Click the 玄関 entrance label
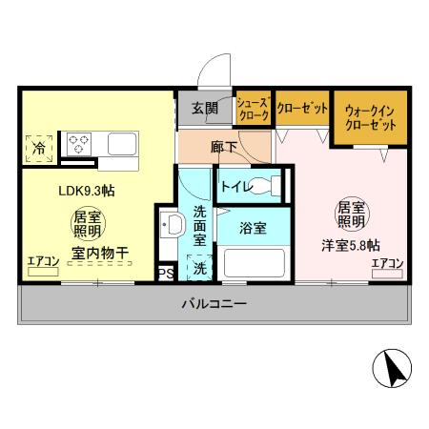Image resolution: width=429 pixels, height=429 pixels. (203, 108)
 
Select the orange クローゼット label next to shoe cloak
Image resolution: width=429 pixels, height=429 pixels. (303, 108)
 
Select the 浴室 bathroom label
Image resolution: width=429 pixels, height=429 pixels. (252, 229)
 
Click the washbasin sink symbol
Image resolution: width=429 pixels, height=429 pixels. (173, 225)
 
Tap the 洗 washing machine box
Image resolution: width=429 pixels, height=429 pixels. (199, 269)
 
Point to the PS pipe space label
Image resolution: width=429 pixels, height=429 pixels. (165, 273)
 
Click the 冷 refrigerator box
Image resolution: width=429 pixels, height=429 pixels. (39, 149)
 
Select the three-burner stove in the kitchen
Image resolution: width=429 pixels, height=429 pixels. (78, 144)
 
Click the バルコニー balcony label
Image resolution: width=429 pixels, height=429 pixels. (214, 305)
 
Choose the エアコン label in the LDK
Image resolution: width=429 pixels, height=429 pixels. (43, 261)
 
